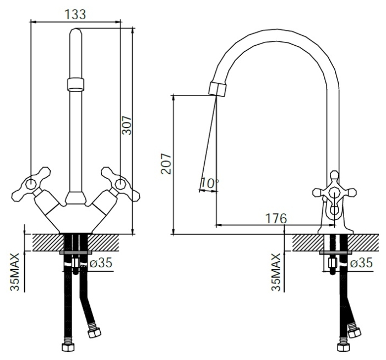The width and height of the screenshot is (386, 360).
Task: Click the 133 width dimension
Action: pyautogui.click(x=75, y=14)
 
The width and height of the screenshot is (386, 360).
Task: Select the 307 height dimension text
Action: pyautogui.click(x=127, y=125)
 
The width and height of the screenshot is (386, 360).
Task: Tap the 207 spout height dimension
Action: pyautogui.click(x=166, y=164)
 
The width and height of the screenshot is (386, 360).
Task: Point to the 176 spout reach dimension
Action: pyautogui.click(x=276, y=218)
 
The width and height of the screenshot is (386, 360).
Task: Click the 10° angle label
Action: pyautogui.click(x=209, y=184)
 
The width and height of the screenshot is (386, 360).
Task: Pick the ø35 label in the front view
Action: pyautogui.click(x=101, y=262)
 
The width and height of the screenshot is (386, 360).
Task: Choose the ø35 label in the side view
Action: pyautogui.click(x=361, y=263)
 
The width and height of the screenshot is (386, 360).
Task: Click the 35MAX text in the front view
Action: pyautogui.click(x=15, y=272)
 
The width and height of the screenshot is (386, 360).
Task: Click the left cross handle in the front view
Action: pyautogui.click(x=31, y=184)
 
